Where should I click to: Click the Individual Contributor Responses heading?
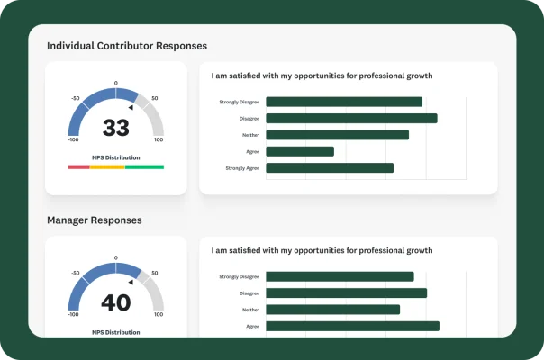[126, 45]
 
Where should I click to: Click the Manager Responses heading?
[94, 220]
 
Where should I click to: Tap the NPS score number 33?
[116, 129]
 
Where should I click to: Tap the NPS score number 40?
[116, 303]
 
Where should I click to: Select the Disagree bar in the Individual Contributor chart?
[351, 118]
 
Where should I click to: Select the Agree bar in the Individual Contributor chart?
[300, 151]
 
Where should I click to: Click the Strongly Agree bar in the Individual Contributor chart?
[330, 167]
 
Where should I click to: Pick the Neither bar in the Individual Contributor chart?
[337, 135]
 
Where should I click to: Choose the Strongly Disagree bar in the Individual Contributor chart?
[344, 102]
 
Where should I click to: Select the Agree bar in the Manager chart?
[352, 326]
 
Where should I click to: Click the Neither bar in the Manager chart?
[332, 310]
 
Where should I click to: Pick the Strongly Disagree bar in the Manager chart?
[340, 276]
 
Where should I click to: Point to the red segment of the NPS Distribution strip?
[78, 167]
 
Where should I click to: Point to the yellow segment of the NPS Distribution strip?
[107, 167]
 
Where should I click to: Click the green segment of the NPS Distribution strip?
[144, 167]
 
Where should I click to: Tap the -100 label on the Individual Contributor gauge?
[73, 140]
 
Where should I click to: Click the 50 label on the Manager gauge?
[155, 273]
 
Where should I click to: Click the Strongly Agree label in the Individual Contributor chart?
[241, 168]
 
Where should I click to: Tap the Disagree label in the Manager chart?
[249, 293]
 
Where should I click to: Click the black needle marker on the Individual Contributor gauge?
[131, 108]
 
